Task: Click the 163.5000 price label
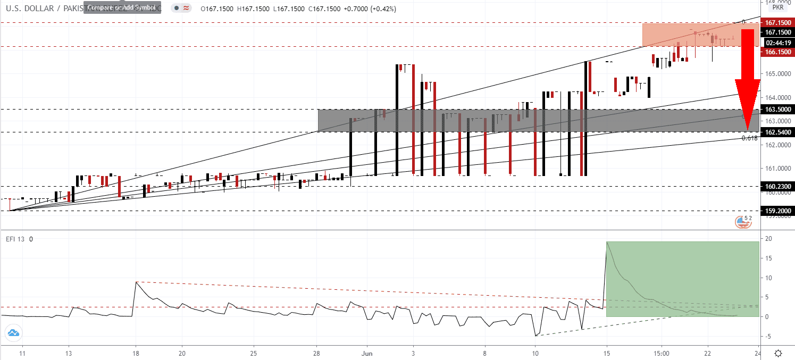pyautogui.click(x=777, y=109)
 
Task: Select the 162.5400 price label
pyautogui.click(x=777, y=132)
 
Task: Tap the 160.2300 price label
pyautogui.click(x=777, y=187)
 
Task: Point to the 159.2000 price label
pyautogui.click(x=777, y=211)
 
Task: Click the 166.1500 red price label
pyautogui.click(x=777, y=52)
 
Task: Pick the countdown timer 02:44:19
pyautogui.click(x=777, y=43)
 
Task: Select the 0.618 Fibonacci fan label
pyautogui.click(x=749, y=138)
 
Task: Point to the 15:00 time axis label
pyautogui.click(x=662, y=353)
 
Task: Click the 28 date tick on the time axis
pyautogui.click(x=317, y=353)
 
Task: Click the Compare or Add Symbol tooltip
pyautogui.click(x=122, y=8)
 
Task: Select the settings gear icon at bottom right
pyautogui.click(x=778, y=353)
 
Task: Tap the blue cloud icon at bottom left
pyautogui.click(x=13, y=333)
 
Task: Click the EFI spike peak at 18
pyautogui.click(x=136, y=282)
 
